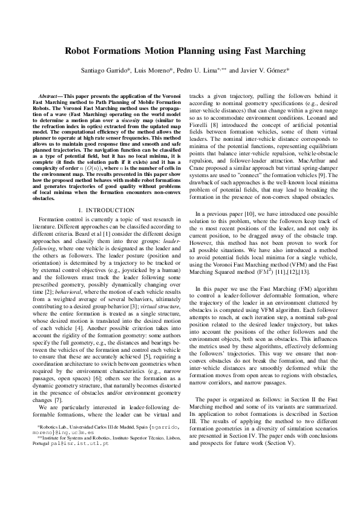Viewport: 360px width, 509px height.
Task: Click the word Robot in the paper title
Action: pos(81,52)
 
